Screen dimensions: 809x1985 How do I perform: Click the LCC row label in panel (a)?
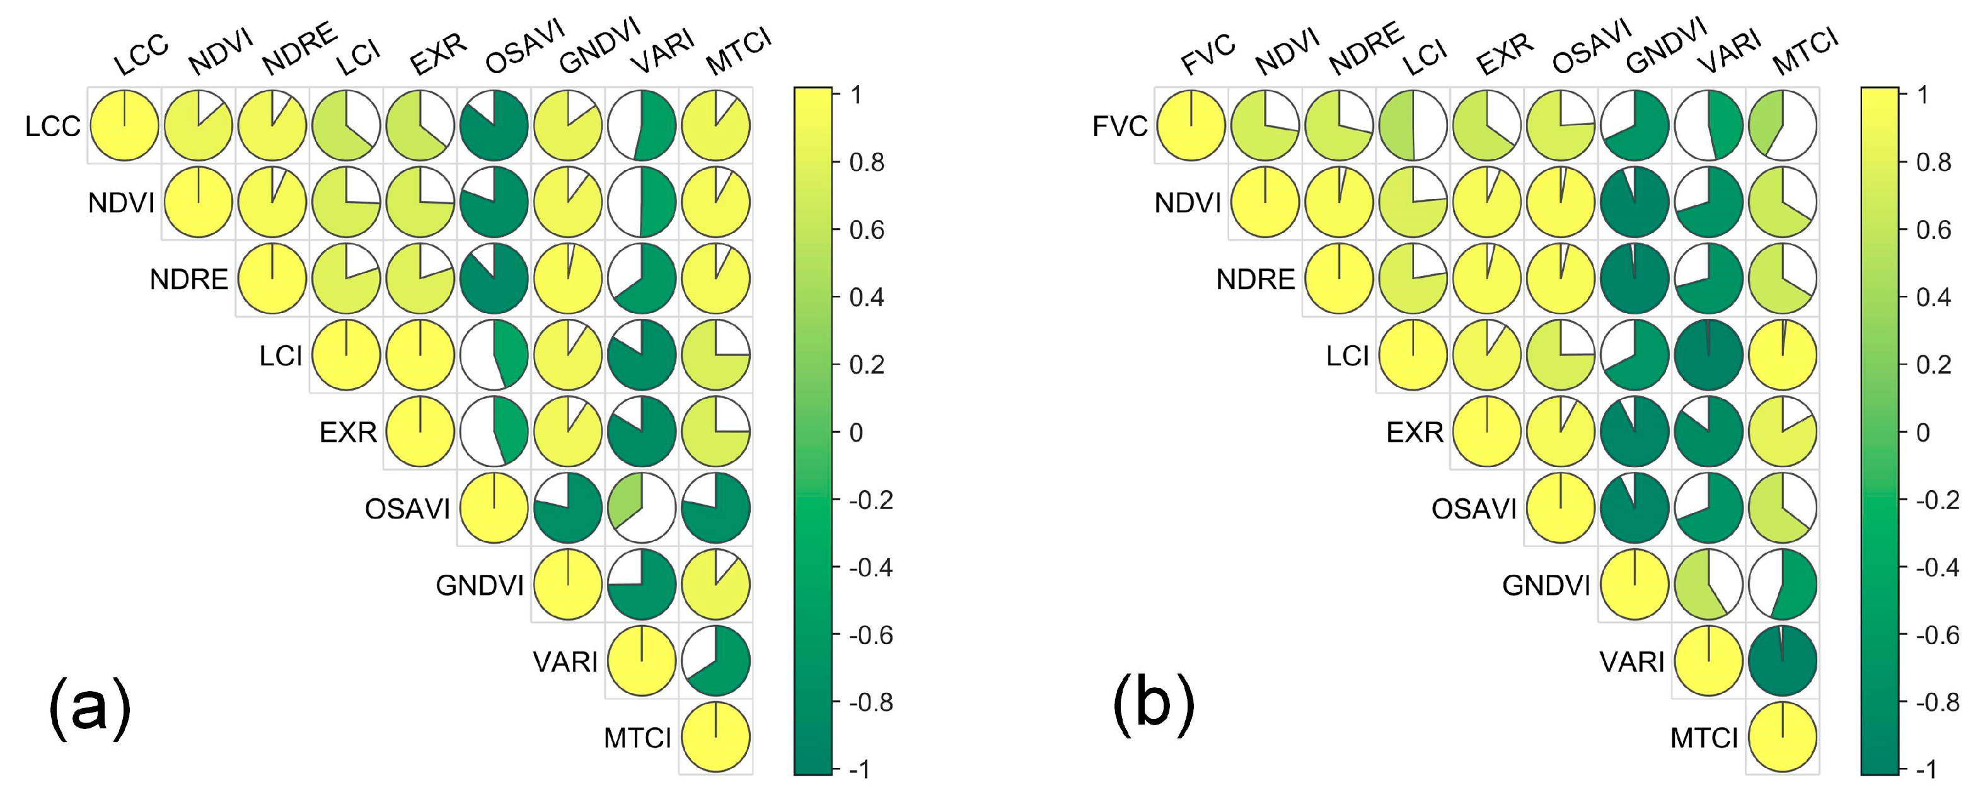point(52,125)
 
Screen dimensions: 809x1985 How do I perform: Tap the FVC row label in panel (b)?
point(1120,125)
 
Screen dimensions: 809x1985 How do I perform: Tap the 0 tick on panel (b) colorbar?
point(1924,432)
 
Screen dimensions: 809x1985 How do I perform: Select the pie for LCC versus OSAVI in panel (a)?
point(494,125)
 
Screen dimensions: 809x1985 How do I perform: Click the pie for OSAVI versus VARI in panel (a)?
point(642,508)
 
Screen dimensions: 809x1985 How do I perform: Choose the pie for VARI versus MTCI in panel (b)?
point(1782,661)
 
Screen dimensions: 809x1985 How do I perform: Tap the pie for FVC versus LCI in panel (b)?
point(1413,125)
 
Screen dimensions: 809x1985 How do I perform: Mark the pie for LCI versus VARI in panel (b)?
point(1708,355)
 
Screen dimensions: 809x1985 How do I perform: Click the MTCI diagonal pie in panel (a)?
point(716,737)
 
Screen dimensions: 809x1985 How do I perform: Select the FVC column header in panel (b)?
point(1208,55)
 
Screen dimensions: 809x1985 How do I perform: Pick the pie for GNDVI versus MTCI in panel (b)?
point(1782,585)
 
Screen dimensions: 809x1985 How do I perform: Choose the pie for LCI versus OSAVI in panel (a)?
point(494,355)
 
